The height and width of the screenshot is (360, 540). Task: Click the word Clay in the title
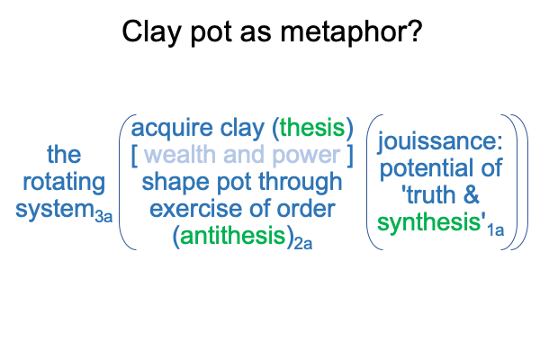click(x=151, y=31)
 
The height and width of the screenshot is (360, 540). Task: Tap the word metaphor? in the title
click(x=351, y=31)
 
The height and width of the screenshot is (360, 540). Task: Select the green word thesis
click(x=312, y=128)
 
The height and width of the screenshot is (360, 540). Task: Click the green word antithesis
click(x=233, y=236)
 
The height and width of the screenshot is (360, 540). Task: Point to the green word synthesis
click(x=429, y=222)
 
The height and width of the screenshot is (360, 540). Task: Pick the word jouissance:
click(x=440, y=141)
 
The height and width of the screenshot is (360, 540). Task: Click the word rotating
click(x=64, y=182)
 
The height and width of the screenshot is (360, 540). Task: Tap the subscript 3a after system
click(x=103, y=216)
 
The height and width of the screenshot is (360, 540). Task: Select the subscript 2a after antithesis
click(x=303, y=243)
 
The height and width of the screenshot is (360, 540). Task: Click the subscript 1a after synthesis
click(x=496, y=229)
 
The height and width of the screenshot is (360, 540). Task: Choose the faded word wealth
click(x=179, y=155)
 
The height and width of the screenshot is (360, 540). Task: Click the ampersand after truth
click(x=471, y=194)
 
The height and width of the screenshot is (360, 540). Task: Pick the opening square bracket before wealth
click(x=135, y=156)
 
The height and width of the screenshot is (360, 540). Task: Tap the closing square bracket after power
click(x=350, y=156)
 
